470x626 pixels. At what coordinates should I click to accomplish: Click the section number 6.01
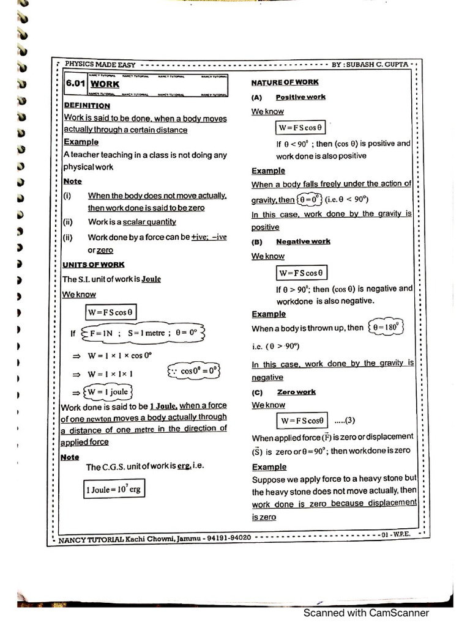coord(76,85)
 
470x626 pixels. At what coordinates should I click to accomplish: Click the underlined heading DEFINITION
coord(87,105)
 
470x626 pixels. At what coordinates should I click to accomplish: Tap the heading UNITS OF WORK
coord(94,265)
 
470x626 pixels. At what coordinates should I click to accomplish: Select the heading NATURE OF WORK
coord(285,82)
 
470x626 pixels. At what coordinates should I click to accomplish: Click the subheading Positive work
coord(300,97)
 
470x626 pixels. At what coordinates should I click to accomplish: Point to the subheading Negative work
coord(303,241)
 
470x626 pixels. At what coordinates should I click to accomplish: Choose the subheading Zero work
coord(296,392)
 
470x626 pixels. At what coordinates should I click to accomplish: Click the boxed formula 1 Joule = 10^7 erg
coord(114,488)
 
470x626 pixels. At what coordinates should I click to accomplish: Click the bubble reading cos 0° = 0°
coord(193,371)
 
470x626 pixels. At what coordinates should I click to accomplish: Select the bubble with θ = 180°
coord(386,327)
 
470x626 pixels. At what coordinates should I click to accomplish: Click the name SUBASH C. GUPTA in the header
coord(380,64)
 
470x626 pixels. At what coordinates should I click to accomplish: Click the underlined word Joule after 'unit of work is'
coord(151,279)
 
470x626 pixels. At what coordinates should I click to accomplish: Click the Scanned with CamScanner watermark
coord(367,613)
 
